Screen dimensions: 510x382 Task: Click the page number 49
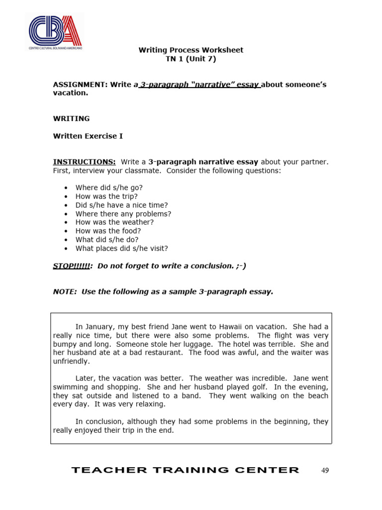click(325, 470)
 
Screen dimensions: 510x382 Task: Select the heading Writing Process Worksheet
click(191, 50)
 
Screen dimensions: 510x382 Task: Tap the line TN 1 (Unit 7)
click(191, 59)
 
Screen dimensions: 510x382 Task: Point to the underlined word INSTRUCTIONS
click(84, 162)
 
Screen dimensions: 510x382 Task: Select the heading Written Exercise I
click(88, 136)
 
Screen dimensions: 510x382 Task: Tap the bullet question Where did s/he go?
click(109, 188)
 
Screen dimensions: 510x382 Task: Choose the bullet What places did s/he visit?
click(122, 249)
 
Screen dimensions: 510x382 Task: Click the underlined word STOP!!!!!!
click(71, 266)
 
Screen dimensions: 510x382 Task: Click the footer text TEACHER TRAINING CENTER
click(186, 470)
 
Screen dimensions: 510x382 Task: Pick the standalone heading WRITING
click(72, 119)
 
